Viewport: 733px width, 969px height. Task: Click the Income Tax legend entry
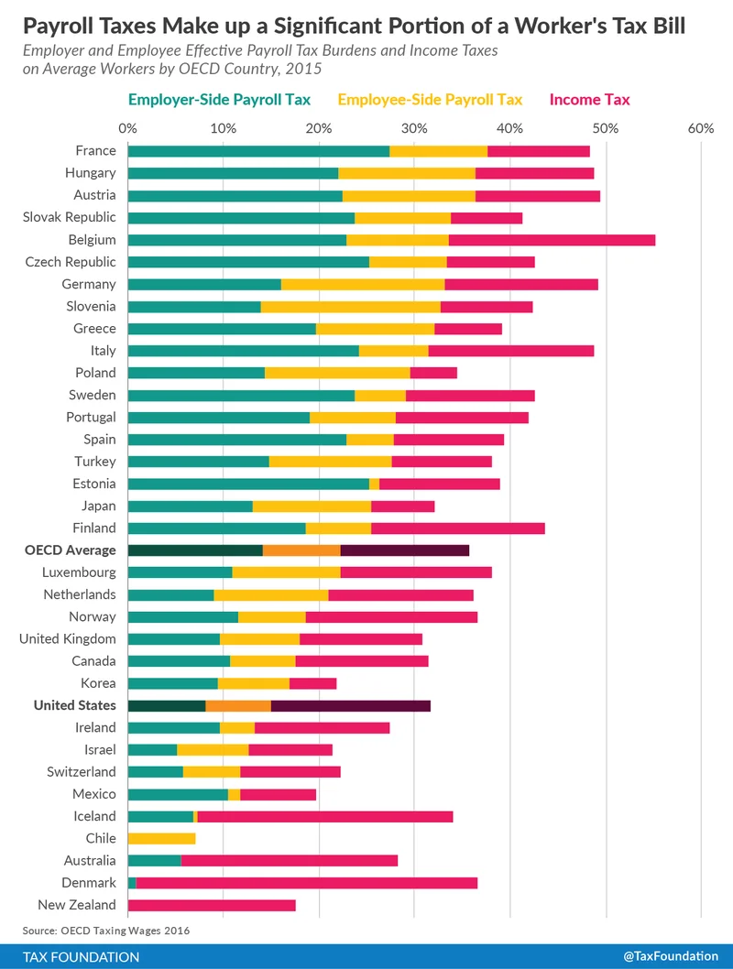click(589, 99)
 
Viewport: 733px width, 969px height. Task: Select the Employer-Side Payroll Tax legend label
click(219, 99)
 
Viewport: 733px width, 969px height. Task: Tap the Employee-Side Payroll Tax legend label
click(430, 99)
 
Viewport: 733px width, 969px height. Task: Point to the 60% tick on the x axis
click(700, 128)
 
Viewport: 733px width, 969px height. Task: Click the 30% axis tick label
click(413, 128)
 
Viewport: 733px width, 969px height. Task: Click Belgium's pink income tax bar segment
click(552, 240)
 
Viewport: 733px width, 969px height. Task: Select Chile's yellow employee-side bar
click(161, 838)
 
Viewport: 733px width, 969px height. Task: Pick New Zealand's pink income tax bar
click(212, 905)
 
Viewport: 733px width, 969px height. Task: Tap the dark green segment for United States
click(166, 705)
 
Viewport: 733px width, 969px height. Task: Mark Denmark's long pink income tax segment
click(306, 883)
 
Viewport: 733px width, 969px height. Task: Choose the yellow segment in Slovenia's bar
click(350, 306)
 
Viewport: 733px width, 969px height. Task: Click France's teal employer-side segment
click(258, 151)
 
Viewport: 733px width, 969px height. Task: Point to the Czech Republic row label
click(71, 262)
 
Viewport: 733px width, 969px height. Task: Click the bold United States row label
click(75, 705)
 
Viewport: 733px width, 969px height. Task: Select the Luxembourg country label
click(79, 572)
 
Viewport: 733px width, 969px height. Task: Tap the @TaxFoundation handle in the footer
click(670, 956)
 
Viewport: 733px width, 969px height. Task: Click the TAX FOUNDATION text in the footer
click(82, 956)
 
